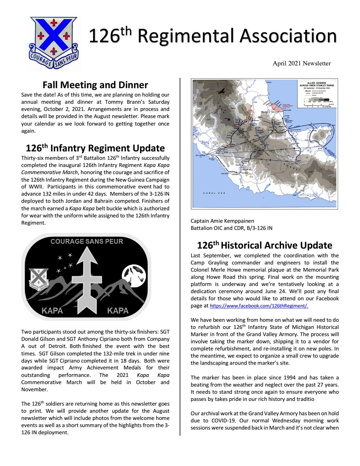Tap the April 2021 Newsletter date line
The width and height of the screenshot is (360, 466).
click(301, 64)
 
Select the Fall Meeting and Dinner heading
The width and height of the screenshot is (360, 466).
click(95, 85)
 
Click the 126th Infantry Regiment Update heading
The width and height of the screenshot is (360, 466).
click(95, 148)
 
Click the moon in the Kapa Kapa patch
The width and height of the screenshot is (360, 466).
click(134, 274)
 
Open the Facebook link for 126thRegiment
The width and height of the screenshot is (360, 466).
click(259, 306)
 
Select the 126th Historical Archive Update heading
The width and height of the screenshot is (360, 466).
click(264, 245)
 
